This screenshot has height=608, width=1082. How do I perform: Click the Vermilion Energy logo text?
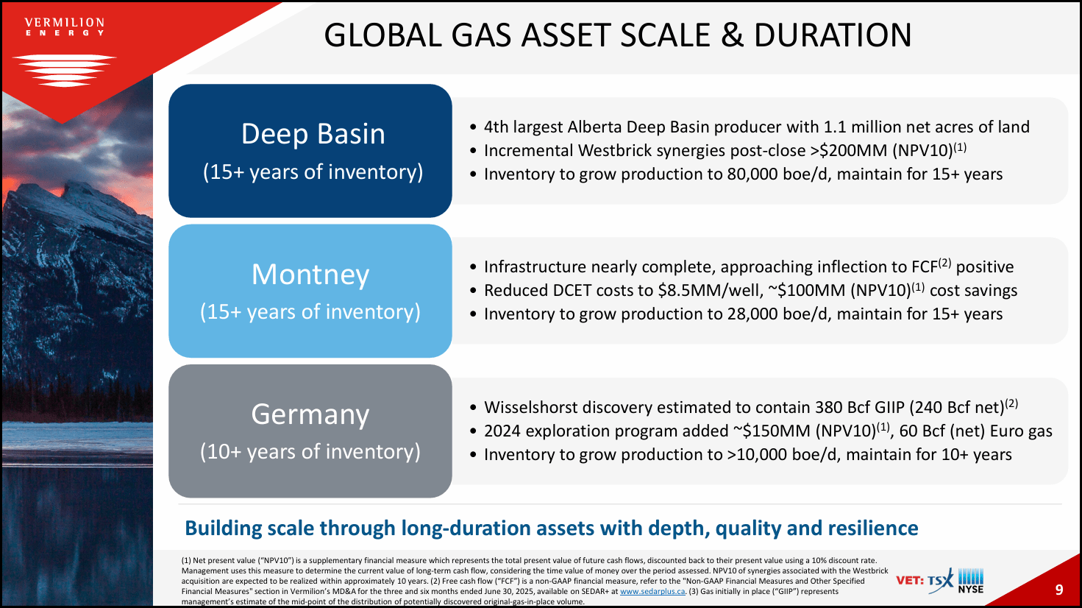65,27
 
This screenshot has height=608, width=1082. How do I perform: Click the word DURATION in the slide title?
833,35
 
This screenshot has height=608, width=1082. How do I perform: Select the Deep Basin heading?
313,134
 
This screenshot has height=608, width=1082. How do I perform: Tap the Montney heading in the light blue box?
310,275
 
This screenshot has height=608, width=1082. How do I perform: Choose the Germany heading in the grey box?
310,414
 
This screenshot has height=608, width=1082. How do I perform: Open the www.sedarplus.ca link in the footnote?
652,591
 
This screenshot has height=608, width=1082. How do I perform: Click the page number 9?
1058,590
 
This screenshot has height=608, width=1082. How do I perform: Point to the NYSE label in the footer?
971,590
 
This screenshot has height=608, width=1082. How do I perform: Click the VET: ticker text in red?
910,581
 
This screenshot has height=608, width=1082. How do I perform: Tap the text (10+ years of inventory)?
310,451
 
